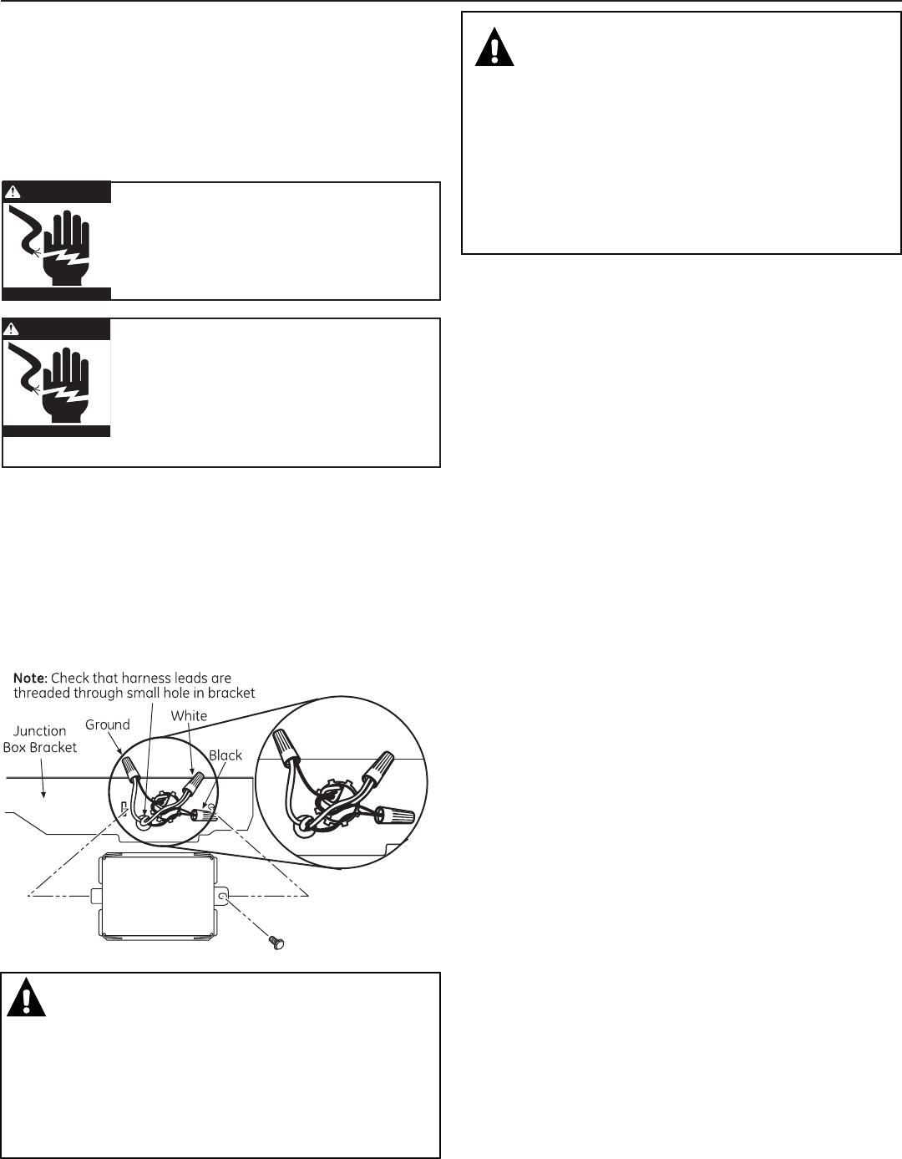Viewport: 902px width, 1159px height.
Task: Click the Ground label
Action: point(108,724)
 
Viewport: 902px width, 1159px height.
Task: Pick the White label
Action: point(189,715)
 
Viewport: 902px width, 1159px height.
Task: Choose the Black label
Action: point(225,755)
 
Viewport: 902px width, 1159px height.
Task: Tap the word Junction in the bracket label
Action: point(39,731)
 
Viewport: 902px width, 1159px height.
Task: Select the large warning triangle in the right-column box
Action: point(494,48)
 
